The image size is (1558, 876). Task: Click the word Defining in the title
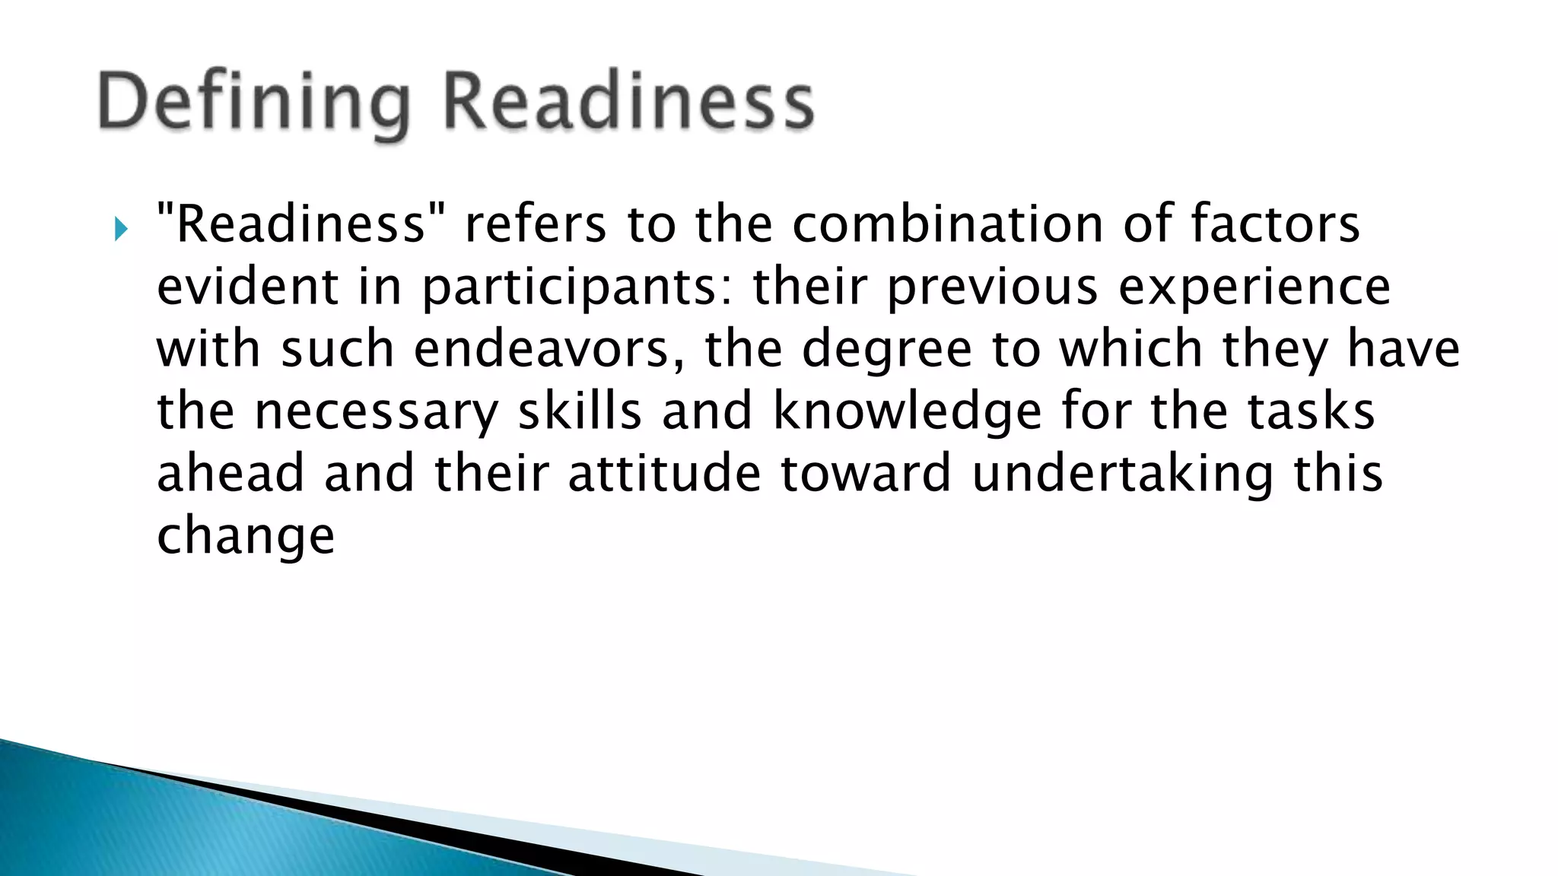[255, 103]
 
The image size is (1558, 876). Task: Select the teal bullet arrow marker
[121, 228]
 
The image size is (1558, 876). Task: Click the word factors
[1275, 224]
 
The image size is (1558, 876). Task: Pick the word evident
[248, 287]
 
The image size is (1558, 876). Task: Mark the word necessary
[376, 413]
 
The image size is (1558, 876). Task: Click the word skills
[580, 411]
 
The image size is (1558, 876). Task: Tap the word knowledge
[908, 413]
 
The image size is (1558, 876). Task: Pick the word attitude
[664, 473]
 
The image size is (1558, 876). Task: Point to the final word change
[246, 537]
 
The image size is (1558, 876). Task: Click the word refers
[536, 224]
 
